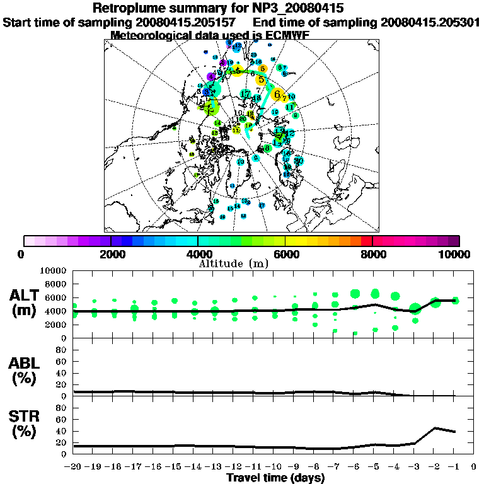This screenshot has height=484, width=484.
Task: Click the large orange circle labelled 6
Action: tap(277, 95)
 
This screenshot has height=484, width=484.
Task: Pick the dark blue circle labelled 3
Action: tap(206, 92)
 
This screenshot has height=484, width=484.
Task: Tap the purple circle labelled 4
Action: tap(211, 77)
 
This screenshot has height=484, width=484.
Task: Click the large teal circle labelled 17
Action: tap(245, 95)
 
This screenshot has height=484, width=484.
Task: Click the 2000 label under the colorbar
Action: tap(110, 255)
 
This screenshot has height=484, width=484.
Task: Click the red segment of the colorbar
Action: tap(366, 241)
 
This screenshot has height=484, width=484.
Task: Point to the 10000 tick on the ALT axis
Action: tap(53, 270)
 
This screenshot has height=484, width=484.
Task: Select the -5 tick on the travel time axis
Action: tap(374, 467)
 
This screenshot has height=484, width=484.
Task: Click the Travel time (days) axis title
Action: tap(275, 478)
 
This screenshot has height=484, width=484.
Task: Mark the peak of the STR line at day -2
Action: tap(435, 428)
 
